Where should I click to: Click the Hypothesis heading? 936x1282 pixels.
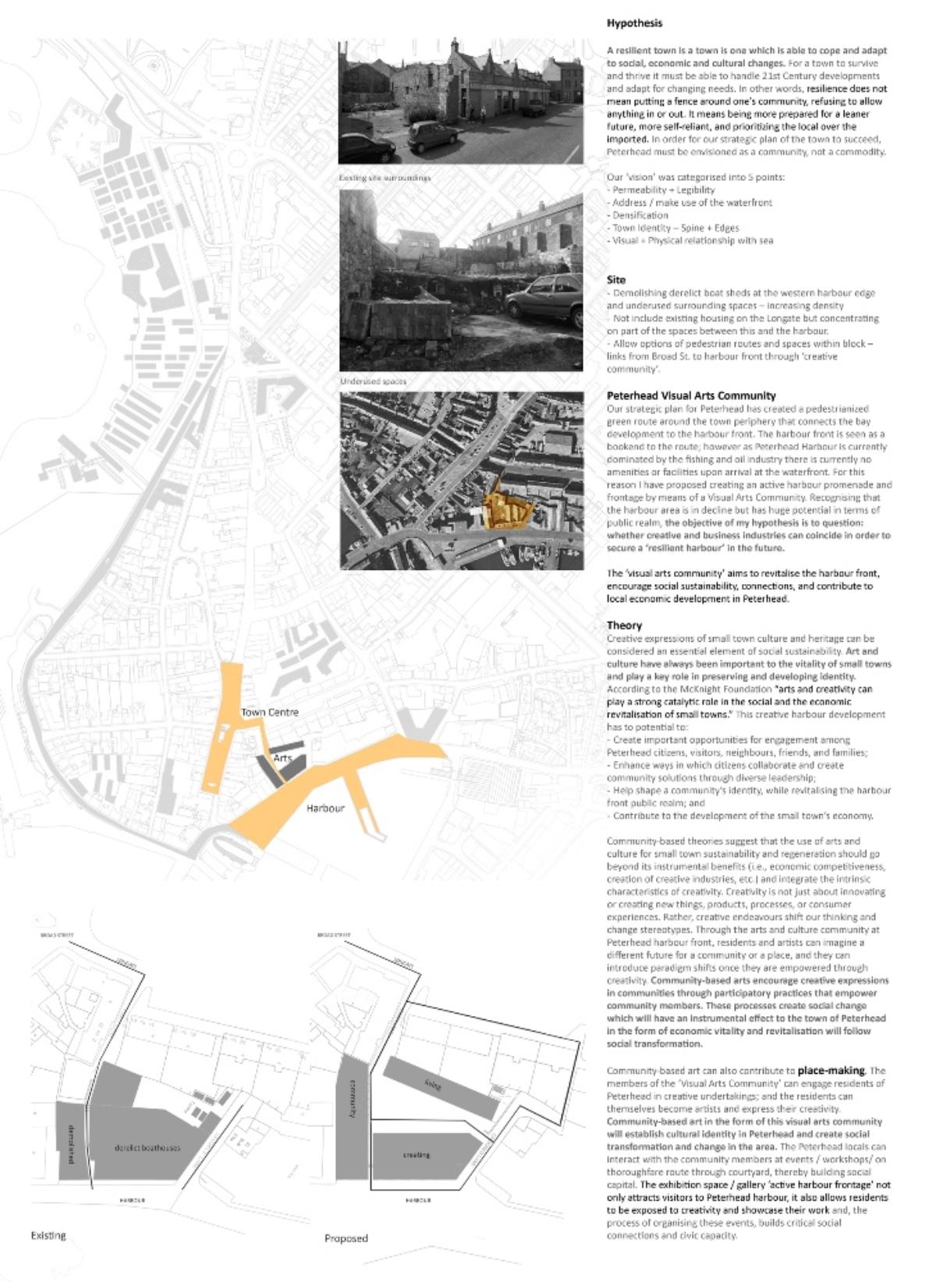pos(634,23)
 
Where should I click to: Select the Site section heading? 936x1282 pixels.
pos(616,279)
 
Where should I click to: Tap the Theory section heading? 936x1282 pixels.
pos(625,625)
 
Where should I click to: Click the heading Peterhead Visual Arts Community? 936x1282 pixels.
pos(691,395)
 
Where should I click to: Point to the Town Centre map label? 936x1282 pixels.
pos(269,712)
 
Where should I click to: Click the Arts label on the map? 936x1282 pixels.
pos(282,758)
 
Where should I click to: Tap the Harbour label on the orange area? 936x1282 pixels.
pos(325,808)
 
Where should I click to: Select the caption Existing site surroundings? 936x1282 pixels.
pos(385,178)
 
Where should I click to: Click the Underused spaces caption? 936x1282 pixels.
pos(373,381)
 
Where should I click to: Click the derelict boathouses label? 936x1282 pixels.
pos(147,1148)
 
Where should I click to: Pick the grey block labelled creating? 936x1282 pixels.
pos(417,1155)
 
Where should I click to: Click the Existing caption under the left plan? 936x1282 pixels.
pos(48,1235)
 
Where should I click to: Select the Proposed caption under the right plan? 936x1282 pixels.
pos(346,1238)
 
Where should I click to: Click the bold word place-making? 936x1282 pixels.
pos(831,1071)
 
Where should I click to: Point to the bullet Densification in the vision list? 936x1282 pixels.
pos(640,215)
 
